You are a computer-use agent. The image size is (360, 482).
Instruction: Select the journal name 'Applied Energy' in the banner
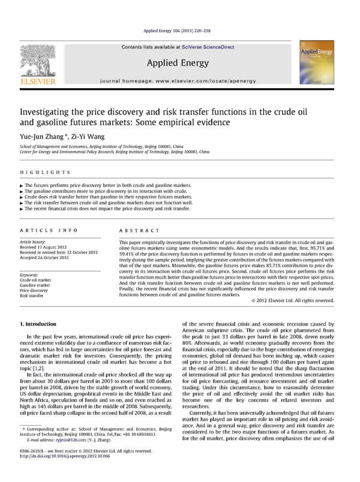180,62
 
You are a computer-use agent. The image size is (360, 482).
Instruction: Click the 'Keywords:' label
31,275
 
